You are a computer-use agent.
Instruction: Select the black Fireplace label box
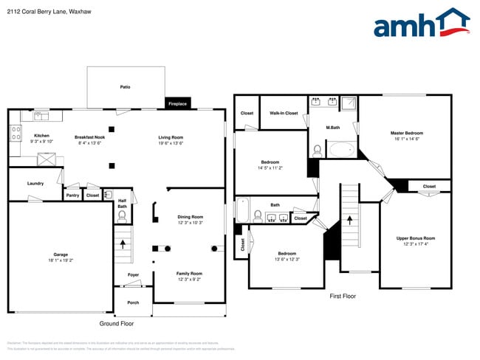(177, 104)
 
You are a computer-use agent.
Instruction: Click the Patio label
(126, 87)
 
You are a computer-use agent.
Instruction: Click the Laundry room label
(35, 183)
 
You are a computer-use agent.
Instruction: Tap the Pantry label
(72, 195)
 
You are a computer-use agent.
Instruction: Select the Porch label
(133, 302)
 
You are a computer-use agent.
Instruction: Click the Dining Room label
(190, 217)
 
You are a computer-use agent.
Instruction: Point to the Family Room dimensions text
(190, 280)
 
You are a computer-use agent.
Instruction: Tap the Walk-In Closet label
(284, 113)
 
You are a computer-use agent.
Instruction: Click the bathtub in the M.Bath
(340, 150)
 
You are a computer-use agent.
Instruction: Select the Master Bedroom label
(407, 133)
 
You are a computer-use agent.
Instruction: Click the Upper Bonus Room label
(416, 238)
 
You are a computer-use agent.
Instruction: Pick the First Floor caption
(343, 296)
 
